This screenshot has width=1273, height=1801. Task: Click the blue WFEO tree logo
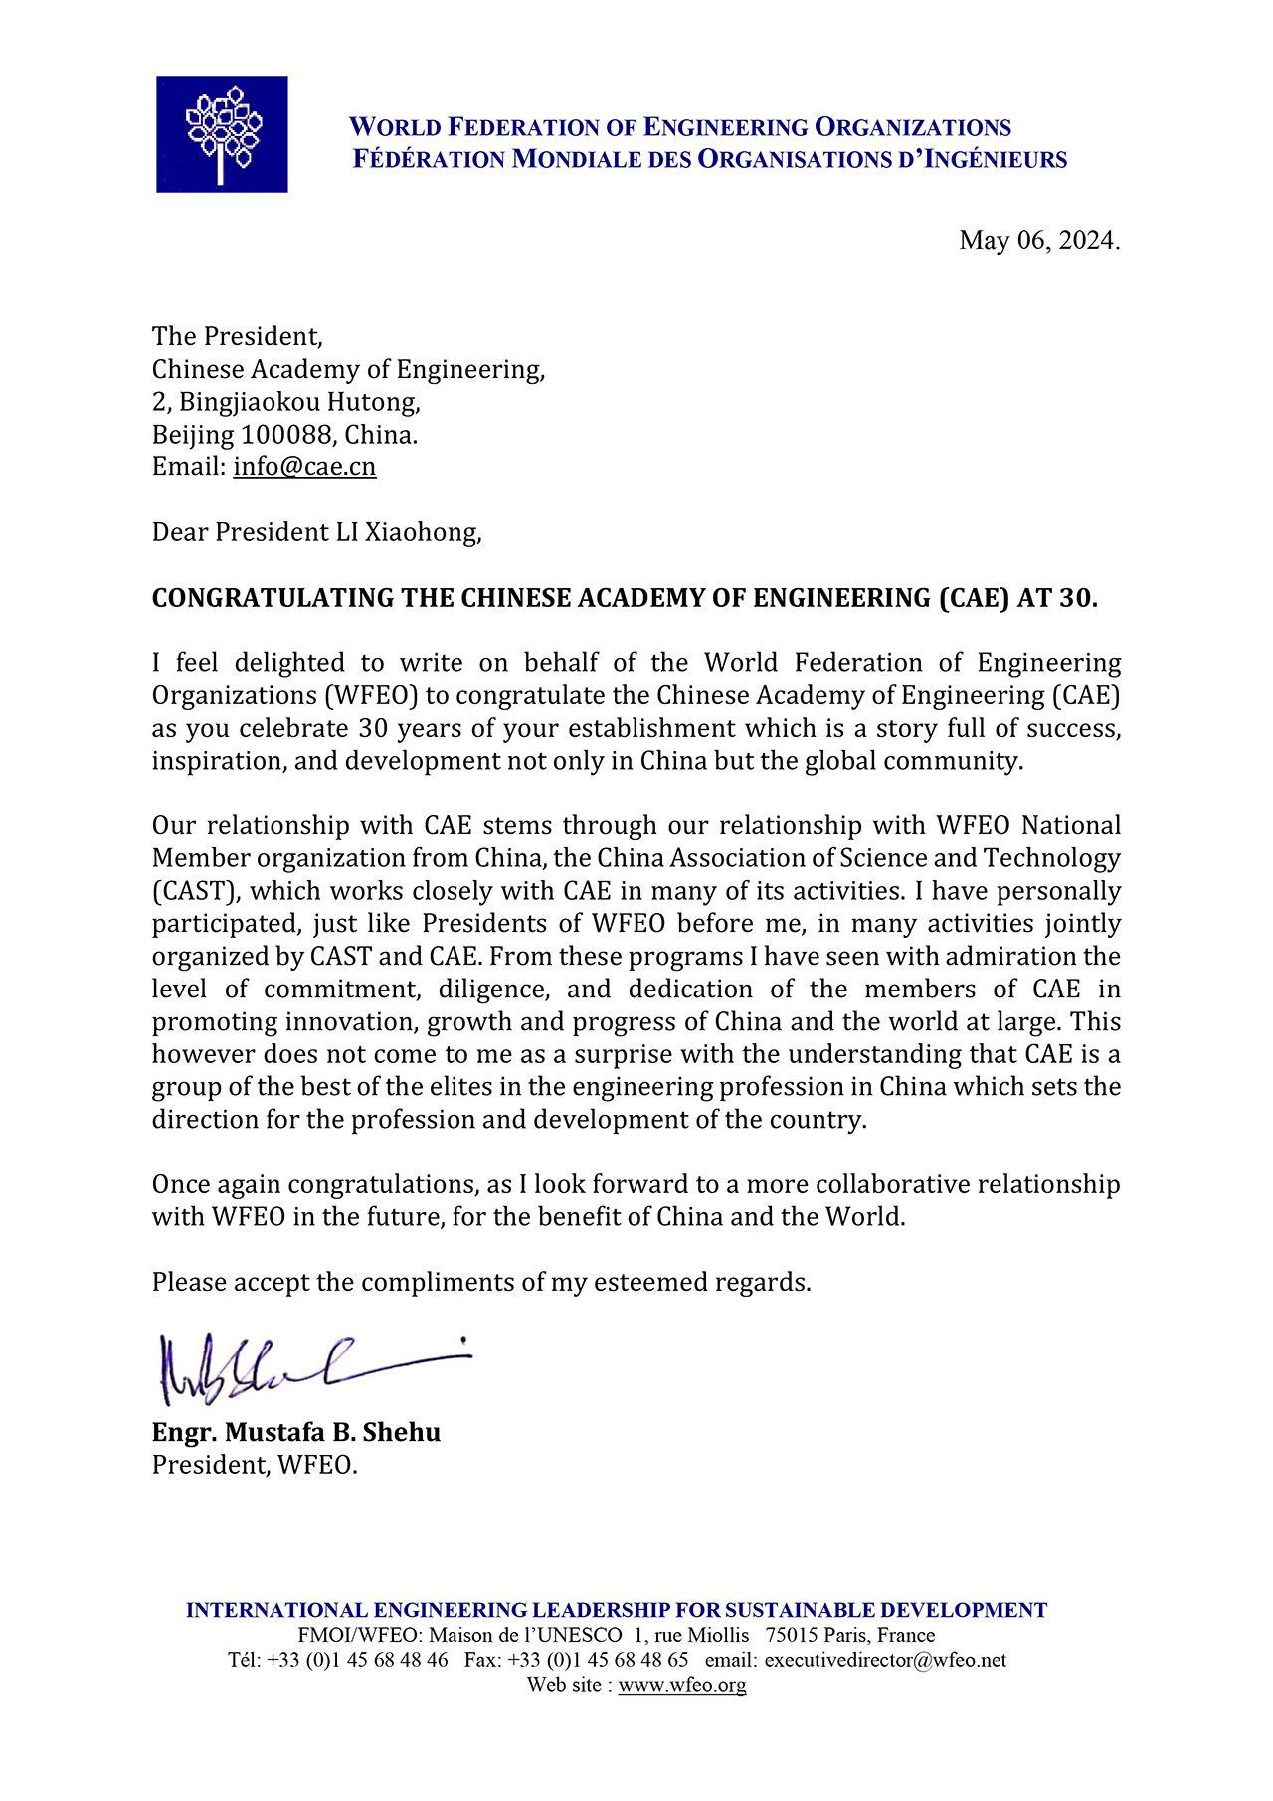pyautogui.click(x=222, y=134)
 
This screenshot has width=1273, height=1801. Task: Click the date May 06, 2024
pyautogui.click(x=1038, y=240)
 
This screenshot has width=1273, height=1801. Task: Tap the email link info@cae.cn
pyautogui.click(x=304, y=467)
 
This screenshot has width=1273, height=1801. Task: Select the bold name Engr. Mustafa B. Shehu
pyautogui.click(x=295, y=1432)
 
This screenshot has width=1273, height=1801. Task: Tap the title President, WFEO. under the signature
pyautogui.click(x=255, y=1465)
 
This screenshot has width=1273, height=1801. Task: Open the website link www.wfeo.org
pyautogui.click(x=681, y=1685)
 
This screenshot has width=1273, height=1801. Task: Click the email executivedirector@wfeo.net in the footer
pyautogui.click(x=885, y=1660)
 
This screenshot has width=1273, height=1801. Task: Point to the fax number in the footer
pyautogui.click(x=597, y=1660)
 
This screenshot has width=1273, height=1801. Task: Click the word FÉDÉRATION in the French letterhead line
pyautogui.click(x=430, y=159)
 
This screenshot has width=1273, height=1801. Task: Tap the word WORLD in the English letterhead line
pyautogui.click(x=395, y=127)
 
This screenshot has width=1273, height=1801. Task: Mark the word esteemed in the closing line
pyautogui.click(x=650, y=1283)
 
